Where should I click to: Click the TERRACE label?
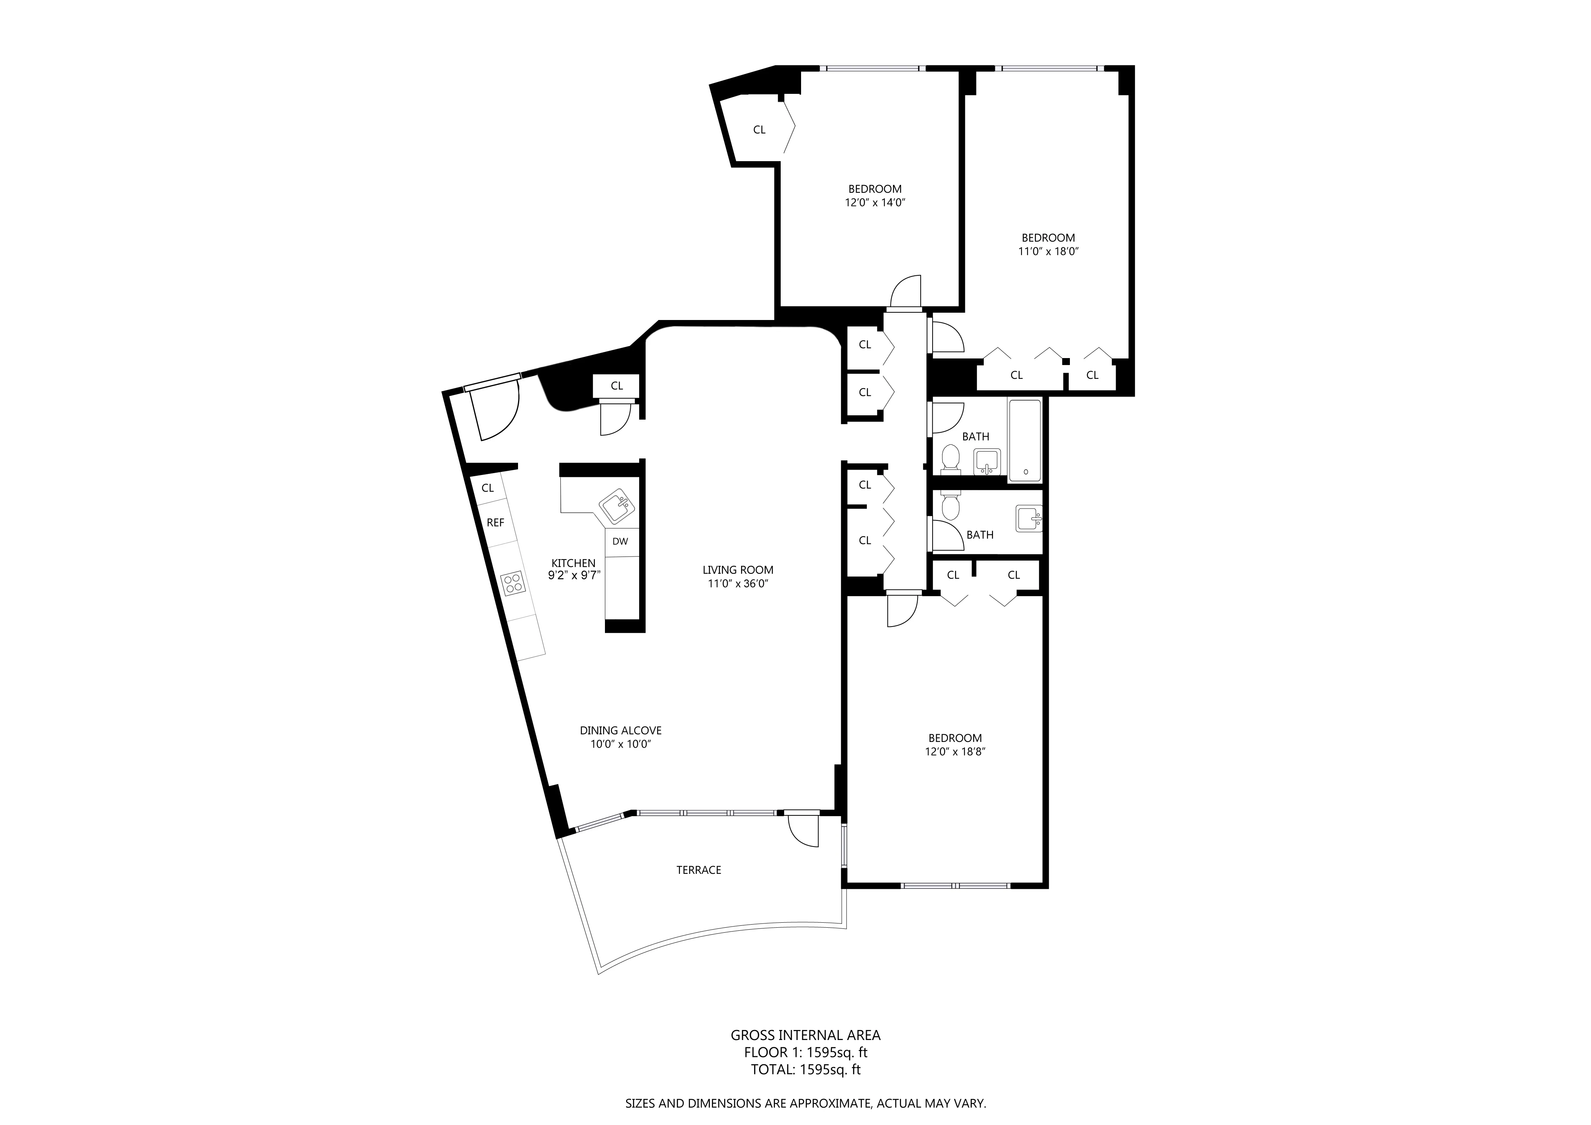698,870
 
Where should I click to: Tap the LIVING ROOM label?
737,570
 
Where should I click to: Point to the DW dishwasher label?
620,542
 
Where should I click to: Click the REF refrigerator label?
495,523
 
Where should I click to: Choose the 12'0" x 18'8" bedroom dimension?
955,752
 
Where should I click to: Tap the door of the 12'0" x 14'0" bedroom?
905,293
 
